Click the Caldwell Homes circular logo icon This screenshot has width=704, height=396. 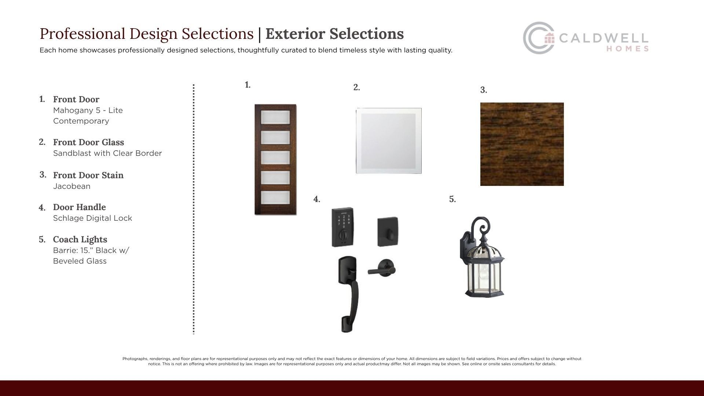[539, 38]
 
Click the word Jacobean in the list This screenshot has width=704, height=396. [71, 186]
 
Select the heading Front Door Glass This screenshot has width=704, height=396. [88, 142]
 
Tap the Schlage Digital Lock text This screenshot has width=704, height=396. [92, 218]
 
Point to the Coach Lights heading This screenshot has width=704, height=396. [80, 239]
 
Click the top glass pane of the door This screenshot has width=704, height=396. [275, 117]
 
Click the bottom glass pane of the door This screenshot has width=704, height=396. [275, 198]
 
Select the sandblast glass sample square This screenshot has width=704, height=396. [389, 141]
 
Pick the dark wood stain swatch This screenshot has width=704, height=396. [522, 144]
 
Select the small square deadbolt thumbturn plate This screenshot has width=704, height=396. [388, 232]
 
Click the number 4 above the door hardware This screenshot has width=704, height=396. [317, 199]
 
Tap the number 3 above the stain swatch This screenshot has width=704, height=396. [484, 90]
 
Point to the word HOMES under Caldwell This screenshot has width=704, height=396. [627, 49]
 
